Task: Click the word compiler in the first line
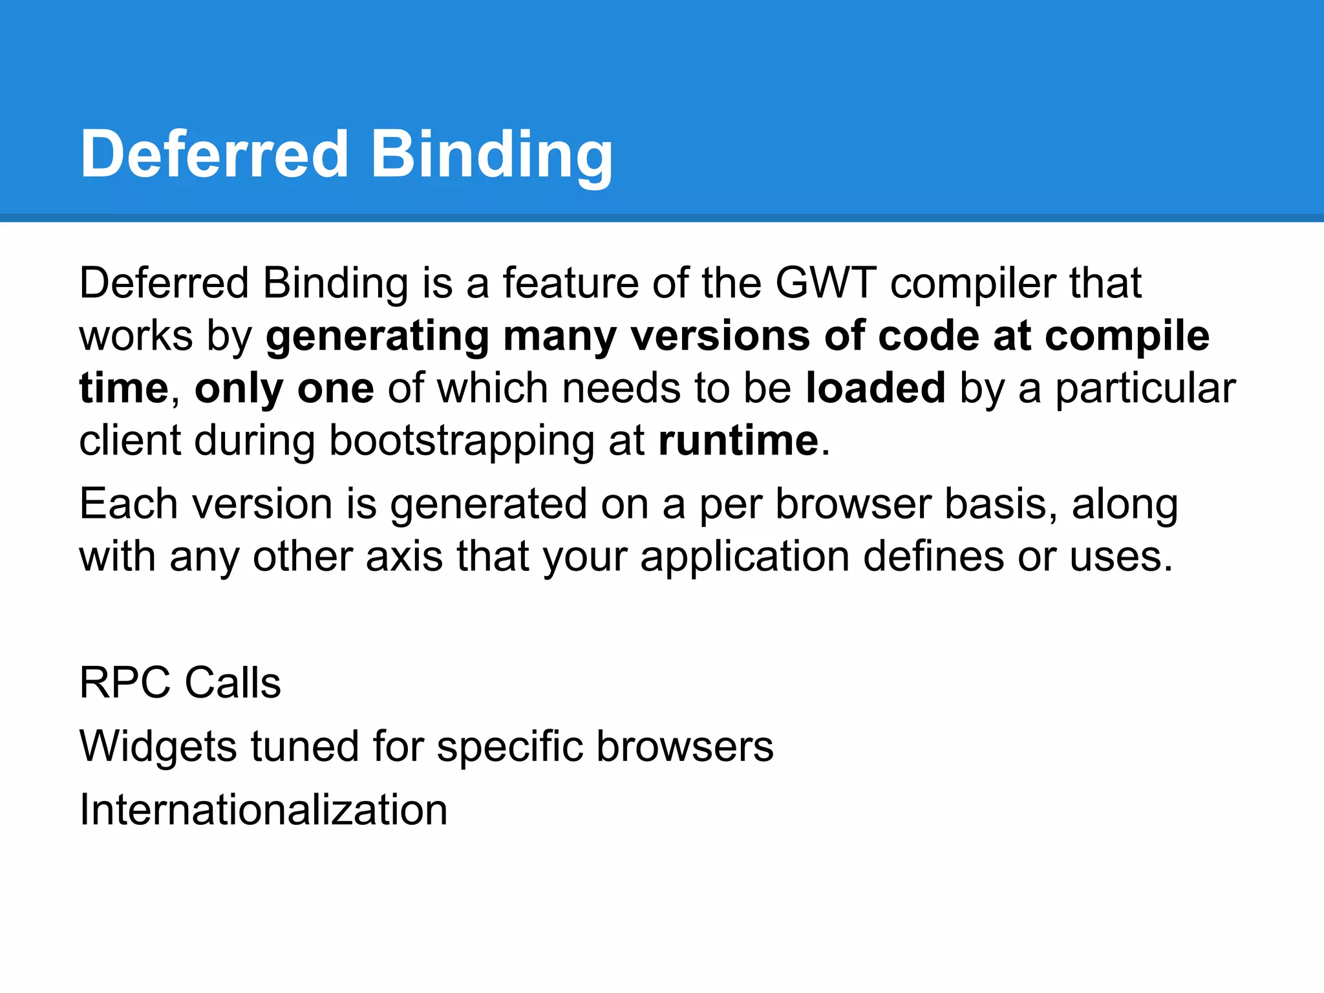click(x=972, y=284)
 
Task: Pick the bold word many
click(x=559, y=337)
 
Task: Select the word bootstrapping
click(x=461, y=442)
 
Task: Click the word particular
click(x=1145, y=389)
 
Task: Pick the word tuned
click(x=304, y=747)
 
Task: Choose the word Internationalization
click(x=263, y=809)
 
